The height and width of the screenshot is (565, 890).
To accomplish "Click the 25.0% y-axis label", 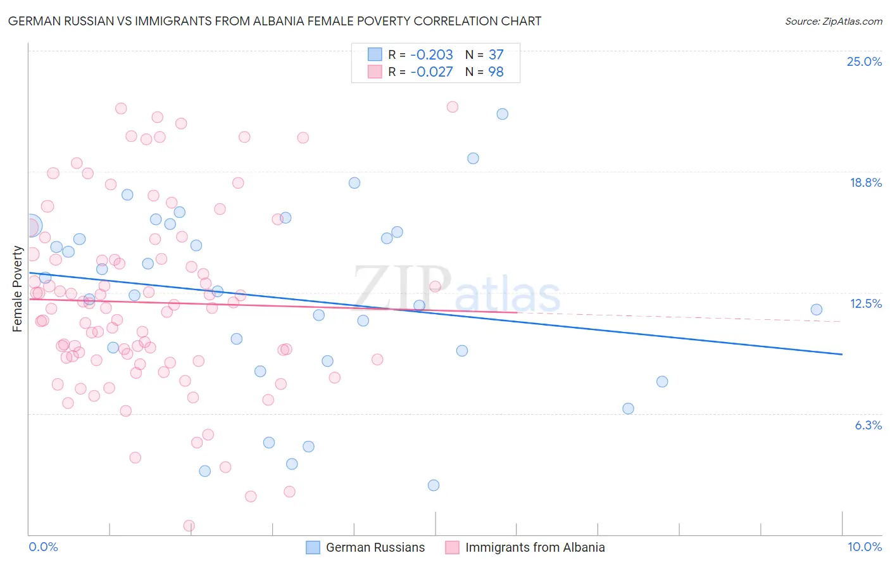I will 864,61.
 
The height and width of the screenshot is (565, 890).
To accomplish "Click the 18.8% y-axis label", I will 865,182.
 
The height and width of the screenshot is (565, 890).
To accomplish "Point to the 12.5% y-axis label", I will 865,303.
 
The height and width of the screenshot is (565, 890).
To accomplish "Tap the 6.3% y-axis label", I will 868,425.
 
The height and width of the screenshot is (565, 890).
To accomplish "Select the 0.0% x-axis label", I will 43,547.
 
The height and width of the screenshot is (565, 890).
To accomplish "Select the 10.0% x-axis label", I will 864,547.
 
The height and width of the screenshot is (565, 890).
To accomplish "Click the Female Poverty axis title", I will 18,289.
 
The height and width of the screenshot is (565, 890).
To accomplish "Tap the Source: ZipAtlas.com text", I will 833,21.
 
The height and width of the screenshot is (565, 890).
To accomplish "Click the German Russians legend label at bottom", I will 375,547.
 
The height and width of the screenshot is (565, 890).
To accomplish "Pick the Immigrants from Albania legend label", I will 535,547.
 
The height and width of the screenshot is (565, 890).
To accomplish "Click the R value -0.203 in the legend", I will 431,54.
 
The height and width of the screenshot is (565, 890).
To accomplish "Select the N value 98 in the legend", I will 496,72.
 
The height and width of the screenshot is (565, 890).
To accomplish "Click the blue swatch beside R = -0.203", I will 375,54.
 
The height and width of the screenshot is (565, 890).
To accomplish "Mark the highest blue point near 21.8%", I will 502,114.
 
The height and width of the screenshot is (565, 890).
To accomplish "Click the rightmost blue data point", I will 816,310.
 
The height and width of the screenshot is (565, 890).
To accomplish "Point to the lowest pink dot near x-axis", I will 189,526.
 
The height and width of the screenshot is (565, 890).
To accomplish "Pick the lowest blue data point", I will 434,485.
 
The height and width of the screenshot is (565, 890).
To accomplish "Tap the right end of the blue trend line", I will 842,354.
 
